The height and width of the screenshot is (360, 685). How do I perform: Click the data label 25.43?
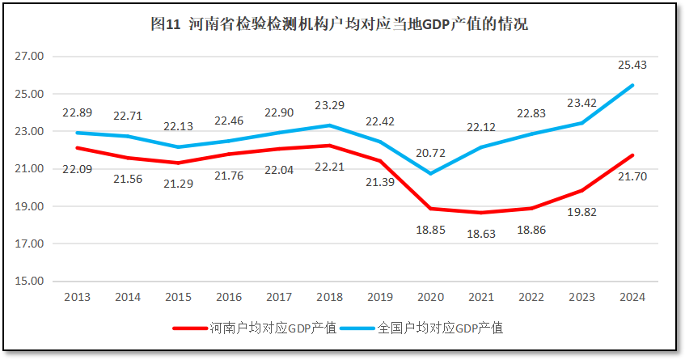tap(632, 65)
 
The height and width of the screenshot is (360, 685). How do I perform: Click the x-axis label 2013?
tap(77, 297)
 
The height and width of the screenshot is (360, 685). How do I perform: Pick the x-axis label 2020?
tap(431, 297)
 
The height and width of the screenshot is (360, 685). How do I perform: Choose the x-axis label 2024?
tap(632, 297)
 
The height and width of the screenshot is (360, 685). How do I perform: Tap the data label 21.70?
tap(632, 176)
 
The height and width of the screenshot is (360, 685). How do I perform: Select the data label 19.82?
tap(582, 212)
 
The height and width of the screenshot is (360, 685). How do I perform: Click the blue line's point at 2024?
tap(632, 85)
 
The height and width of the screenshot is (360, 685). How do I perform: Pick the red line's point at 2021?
tap(481, 213)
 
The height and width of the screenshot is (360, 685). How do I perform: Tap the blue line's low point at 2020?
tap(431, 173)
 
